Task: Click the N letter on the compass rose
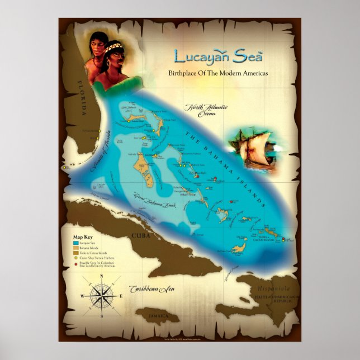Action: click(101, 276)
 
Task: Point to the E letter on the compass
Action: click(121, 296)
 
